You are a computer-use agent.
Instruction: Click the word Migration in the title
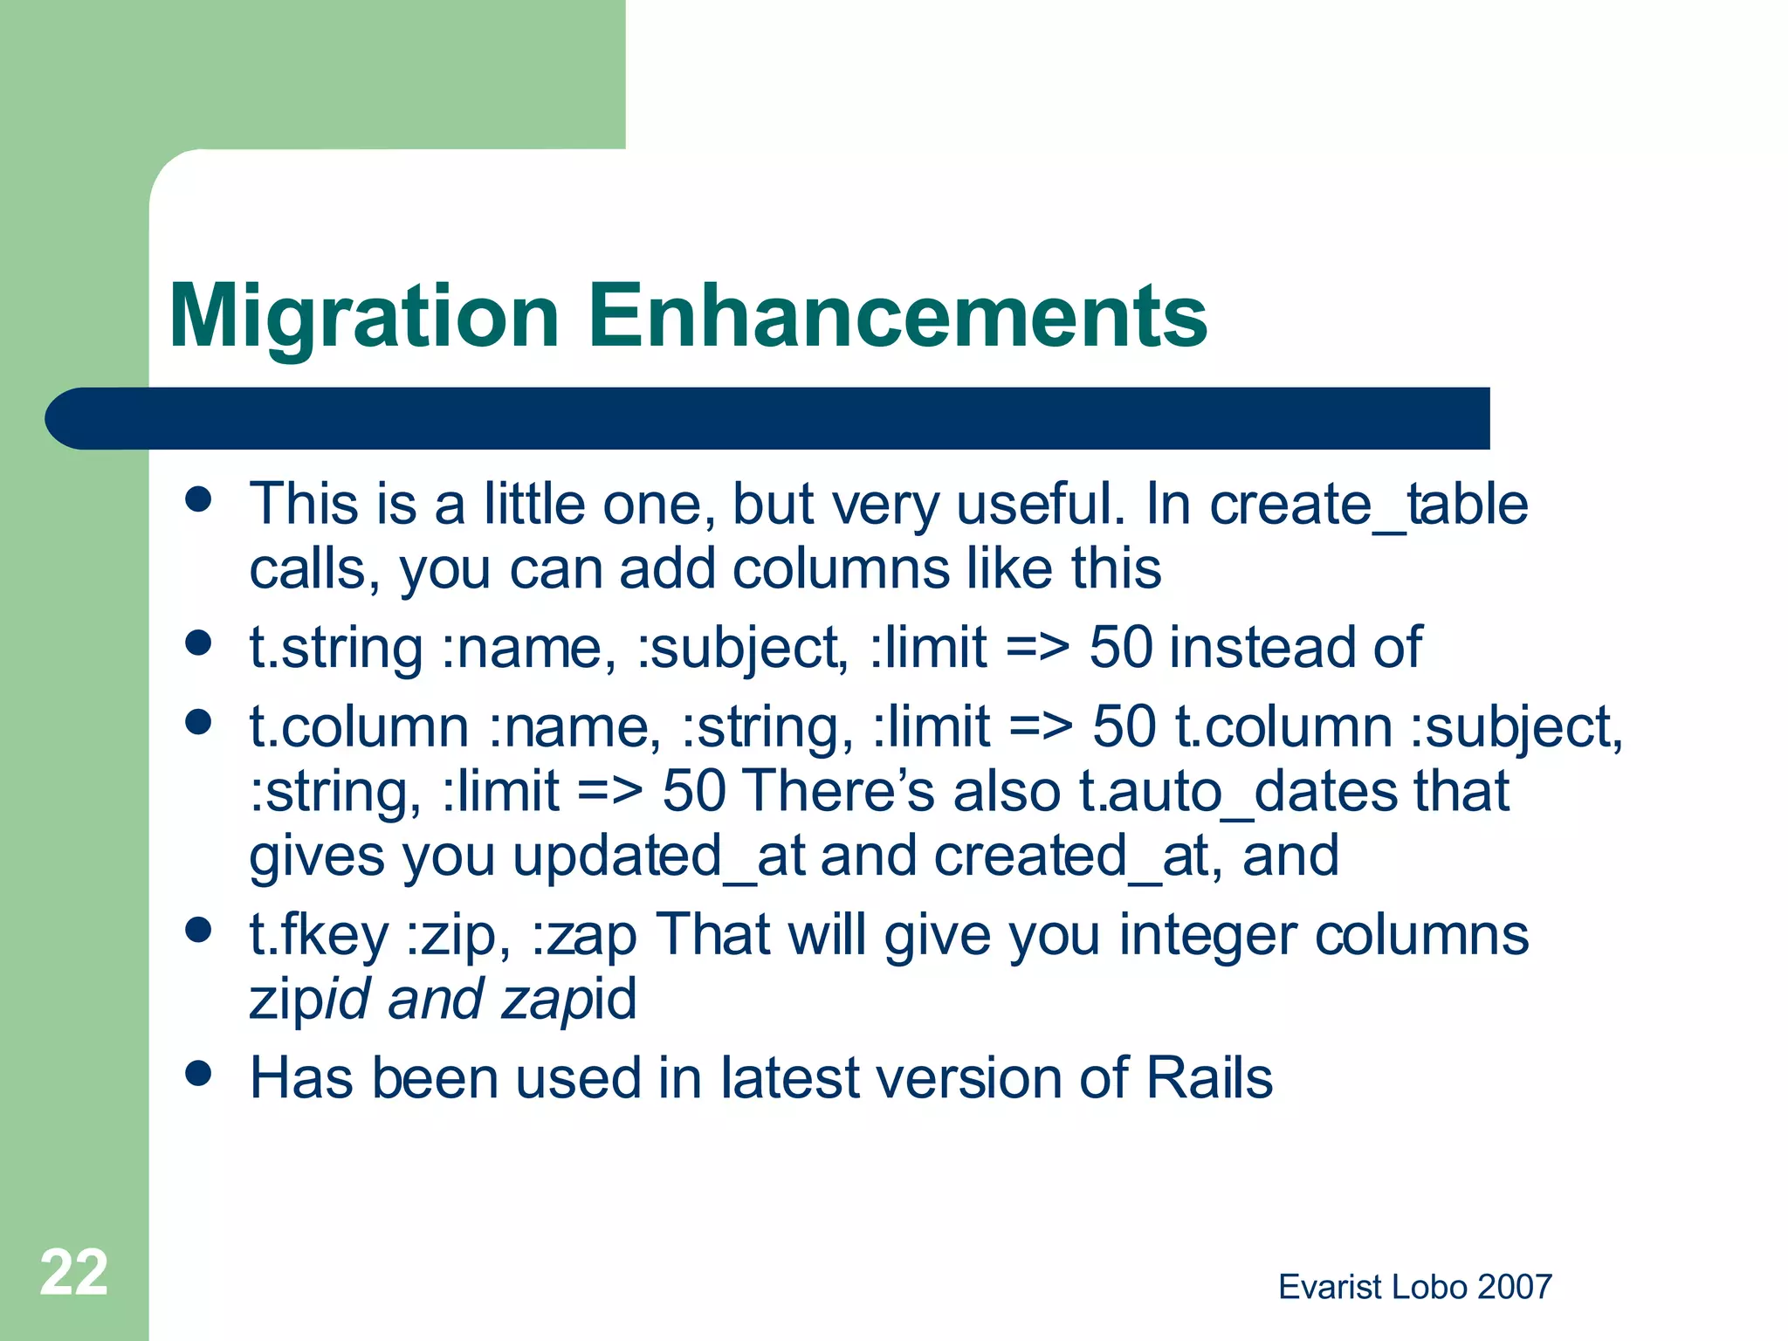pyautogui.click(x=363, y=316)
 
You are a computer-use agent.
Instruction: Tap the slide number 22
pyautogui.click(x=74, y=1272)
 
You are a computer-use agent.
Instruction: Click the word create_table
pyautogui.click(x=1368, y=505)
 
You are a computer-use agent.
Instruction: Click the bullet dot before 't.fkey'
pyautogui.click(x=199, y=930)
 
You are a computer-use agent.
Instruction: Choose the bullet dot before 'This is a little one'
pyautogui.click(x=199, y=499)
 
